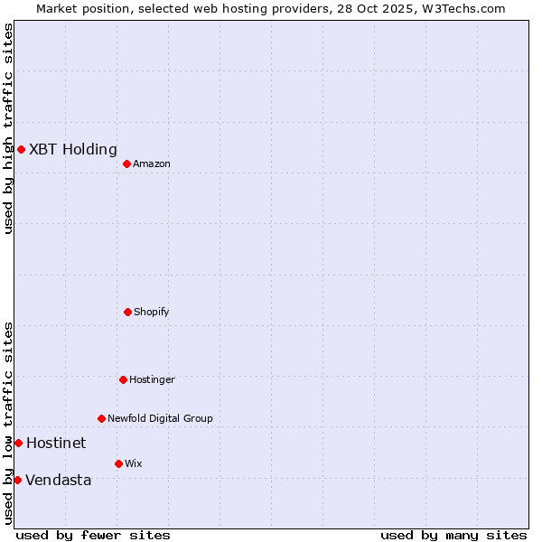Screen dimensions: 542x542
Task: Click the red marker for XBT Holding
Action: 21,149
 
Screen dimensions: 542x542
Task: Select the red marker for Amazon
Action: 126,164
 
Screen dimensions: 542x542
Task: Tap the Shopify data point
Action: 127,312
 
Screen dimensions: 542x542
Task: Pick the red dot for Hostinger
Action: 123,379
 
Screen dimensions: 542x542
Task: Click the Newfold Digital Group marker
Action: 101,418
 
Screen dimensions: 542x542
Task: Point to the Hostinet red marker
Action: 18,443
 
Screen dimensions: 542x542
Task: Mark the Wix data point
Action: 118,463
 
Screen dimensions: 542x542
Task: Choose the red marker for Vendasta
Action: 17,480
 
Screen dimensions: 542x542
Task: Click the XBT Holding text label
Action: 73,150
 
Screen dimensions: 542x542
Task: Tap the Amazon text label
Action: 152,164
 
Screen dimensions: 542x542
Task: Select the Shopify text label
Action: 152,313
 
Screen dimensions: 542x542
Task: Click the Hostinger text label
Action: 152,380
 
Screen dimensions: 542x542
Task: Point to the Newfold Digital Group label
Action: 160,419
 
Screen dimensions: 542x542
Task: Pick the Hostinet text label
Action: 56,444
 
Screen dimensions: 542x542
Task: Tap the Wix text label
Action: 134,464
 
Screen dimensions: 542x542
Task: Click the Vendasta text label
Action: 59,481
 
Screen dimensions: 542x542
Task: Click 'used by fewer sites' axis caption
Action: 93,535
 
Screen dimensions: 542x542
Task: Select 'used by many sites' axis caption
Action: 453,535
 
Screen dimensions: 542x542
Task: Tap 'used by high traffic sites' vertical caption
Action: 8,128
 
